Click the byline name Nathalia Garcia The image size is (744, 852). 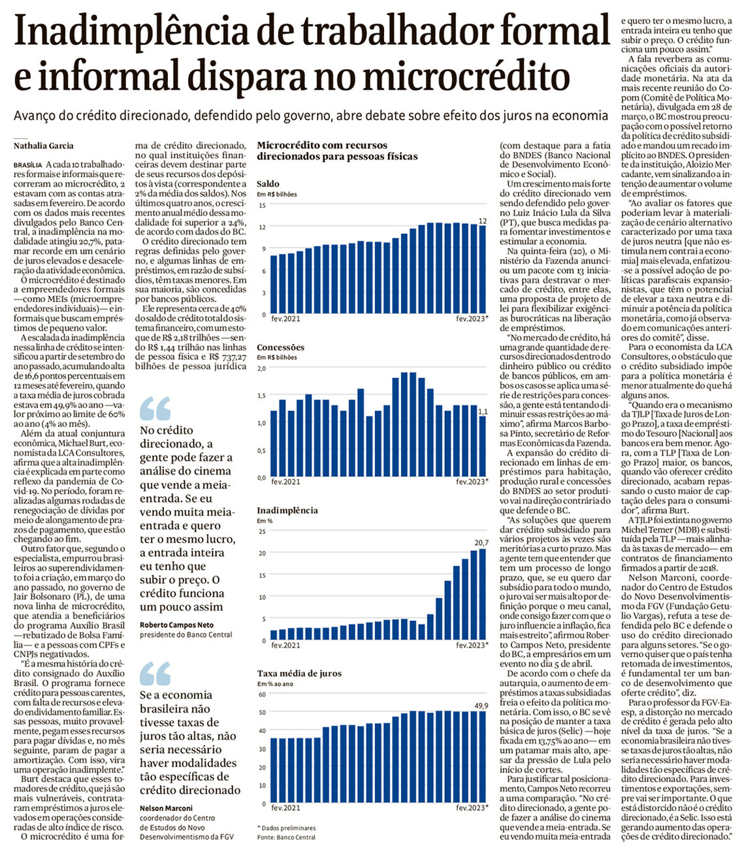[x=43, y=146]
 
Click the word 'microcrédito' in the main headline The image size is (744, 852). [x=466, y=76]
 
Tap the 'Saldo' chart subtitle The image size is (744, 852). [x=268, y=184]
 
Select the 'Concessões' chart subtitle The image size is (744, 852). [x=280, y=347]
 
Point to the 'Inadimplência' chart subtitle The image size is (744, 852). [x=287, y=510]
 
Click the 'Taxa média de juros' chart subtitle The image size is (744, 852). [x=299, y=673]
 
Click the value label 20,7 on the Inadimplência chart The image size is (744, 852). [x=481, y=543]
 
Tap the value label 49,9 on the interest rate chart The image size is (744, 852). [x=481, y=705]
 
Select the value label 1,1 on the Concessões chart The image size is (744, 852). [x=483, y=411]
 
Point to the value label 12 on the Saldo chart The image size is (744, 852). [x=483, y=222]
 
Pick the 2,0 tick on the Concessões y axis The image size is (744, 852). [x=261, y=368]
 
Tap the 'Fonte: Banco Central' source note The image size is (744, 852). [x=286, y=836]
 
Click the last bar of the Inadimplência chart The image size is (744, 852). [x=483, y=593]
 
